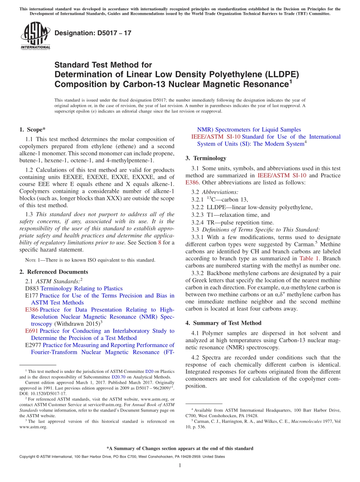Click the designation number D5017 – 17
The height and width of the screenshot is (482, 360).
[x=93, y=33]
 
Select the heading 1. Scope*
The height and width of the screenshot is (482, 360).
[x=33, y=129]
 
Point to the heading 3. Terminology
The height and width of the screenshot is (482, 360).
[x=206, y=158]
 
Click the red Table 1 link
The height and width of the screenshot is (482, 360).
[x=309, y=258]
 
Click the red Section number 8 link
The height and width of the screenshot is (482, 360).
[x=160, y=243]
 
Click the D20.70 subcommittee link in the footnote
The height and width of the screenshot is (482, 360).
[x=117, y=377]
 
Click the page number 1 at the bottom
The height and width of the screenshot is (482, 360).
[x=180, y=465]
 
